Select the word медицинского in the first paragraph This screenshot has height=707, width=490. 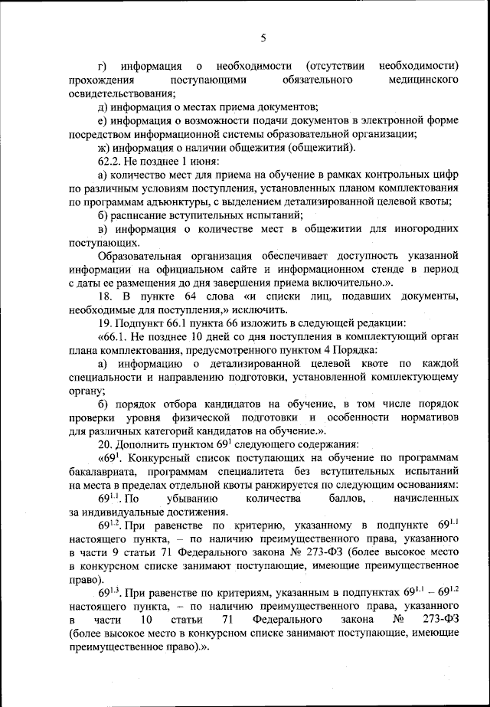tap(423, 80)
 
